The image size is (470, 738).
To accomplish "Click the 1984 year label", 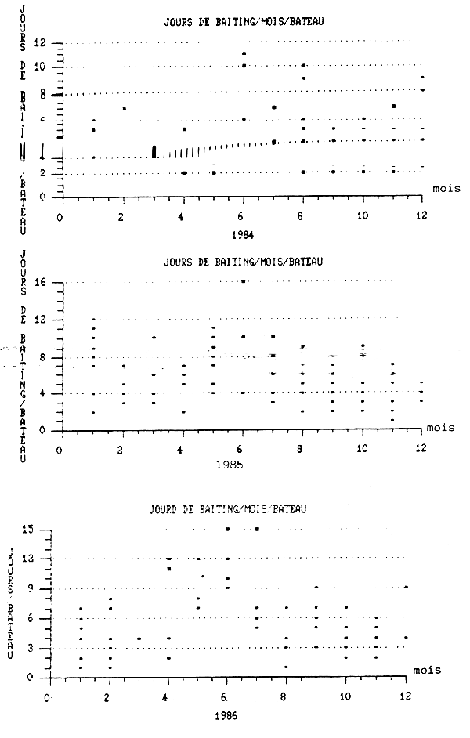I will click(241, 233).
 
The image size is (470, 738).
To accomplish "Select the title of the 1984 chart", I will click(241, 21).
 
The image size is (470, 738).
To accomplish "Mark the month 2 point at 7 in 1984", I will click(124, 108).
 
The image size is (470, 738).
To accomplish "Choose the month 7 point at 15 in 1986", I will click(256, 529).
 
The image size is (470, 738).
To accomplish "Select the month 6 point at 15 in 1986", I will click(227, 529).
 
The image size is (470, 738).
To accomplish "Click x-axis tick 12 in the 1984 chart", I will click(422, 212).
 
